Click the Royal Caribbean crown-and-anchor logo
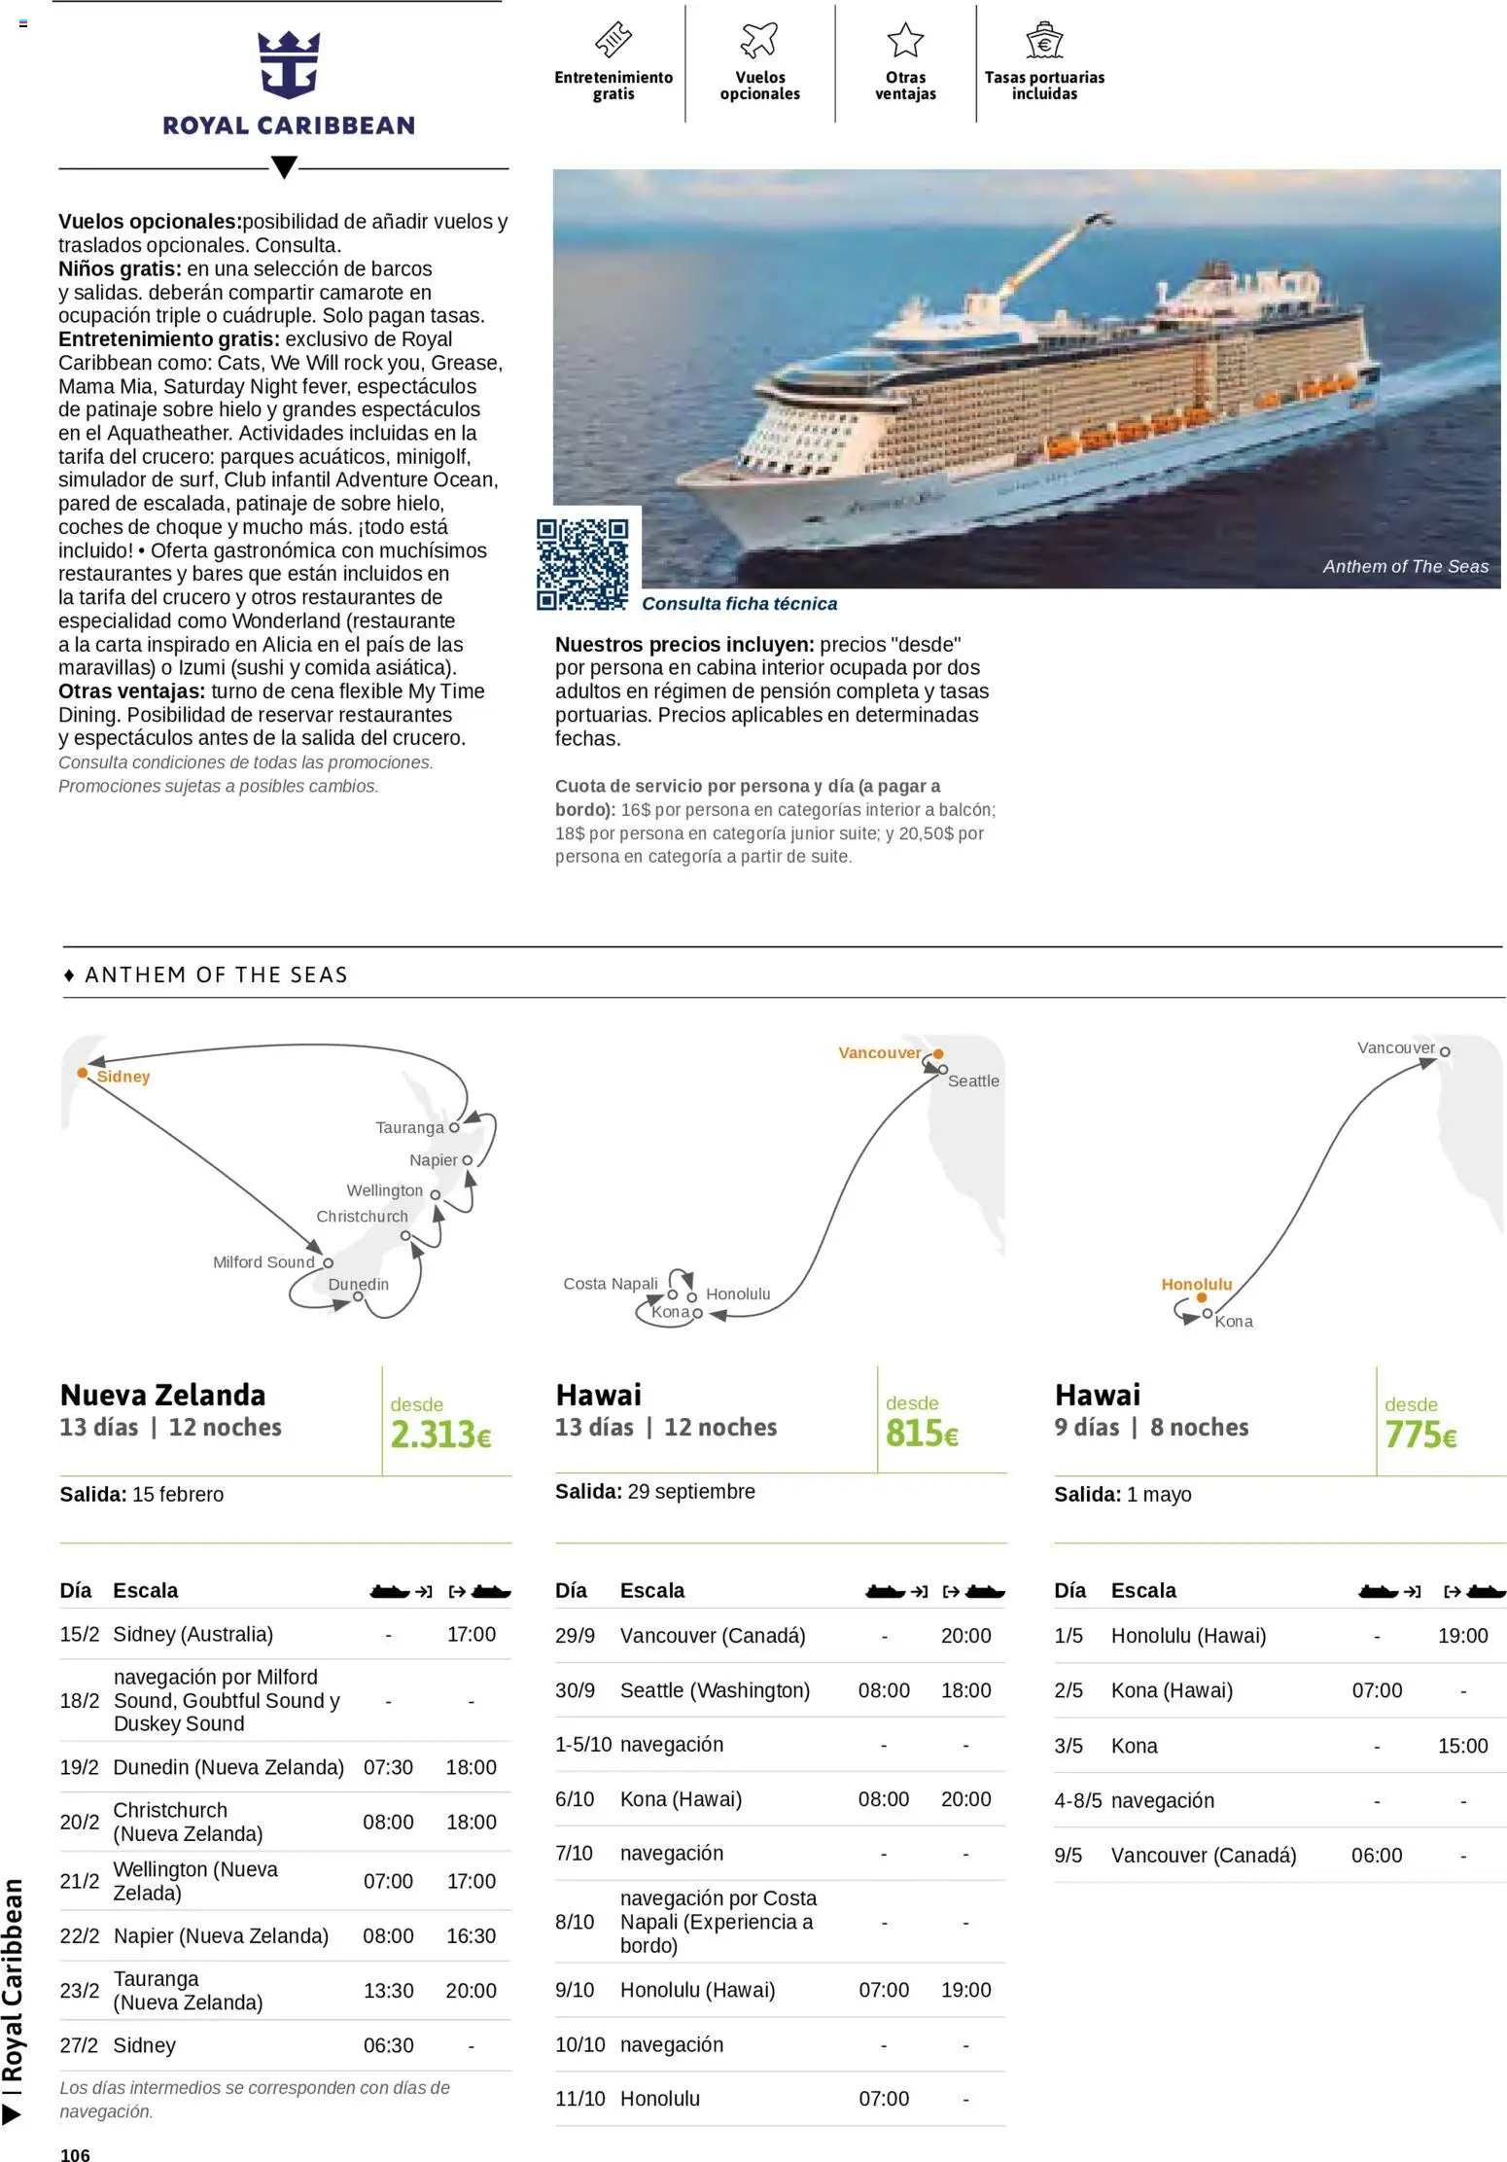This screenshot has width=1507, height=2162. (x=288, y=65)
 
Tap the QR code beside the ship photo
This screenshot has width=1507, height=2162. (x=582, y=564)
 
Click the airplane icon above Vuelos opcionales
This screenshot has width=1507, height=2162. (x=759, y=40)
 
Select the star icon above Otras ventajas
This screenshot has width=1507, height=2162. (x=904, y=40)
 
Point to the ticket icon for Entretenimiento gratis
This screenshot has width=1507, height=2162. (x=613, y=40)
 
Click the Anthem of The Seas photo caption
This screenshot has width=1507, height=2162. (x=1404, y=567)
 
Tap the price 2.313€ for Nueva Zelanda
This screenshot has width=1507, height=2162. (x=440, y=1435)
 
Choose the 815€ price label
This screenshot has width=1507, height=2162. (x=921, y=1433)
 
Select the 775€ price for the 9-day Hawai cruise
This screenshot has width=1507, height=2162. (x=1419, y=1435)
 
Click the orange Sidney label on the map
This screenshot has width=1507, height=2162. (x=123, y=1077)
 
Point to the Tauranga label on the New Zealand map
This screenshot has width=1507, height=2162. (x=409, y=1127)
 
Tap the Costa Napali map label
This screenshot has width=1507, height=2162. (x=610, y=1284)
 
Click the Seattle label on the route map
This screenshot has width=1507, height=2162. (x=972, y=1081)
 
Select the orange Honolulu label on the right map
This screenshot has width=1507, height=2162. (x=1196, y=1284)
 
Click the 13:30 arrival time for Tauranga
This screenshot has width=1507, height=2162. (x=388, y=1991)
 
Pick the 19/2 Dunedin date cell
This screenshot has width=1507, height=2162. (x=80, y=1767)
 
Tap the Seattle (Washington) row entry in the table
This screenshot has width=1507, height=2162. (x=715, y=1690)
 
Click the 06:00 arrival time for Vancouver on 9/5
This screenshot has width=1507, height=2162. (x=1376, y=1855)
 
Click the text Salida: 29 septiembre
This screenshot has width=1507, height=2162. (x=654, y=1491)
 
